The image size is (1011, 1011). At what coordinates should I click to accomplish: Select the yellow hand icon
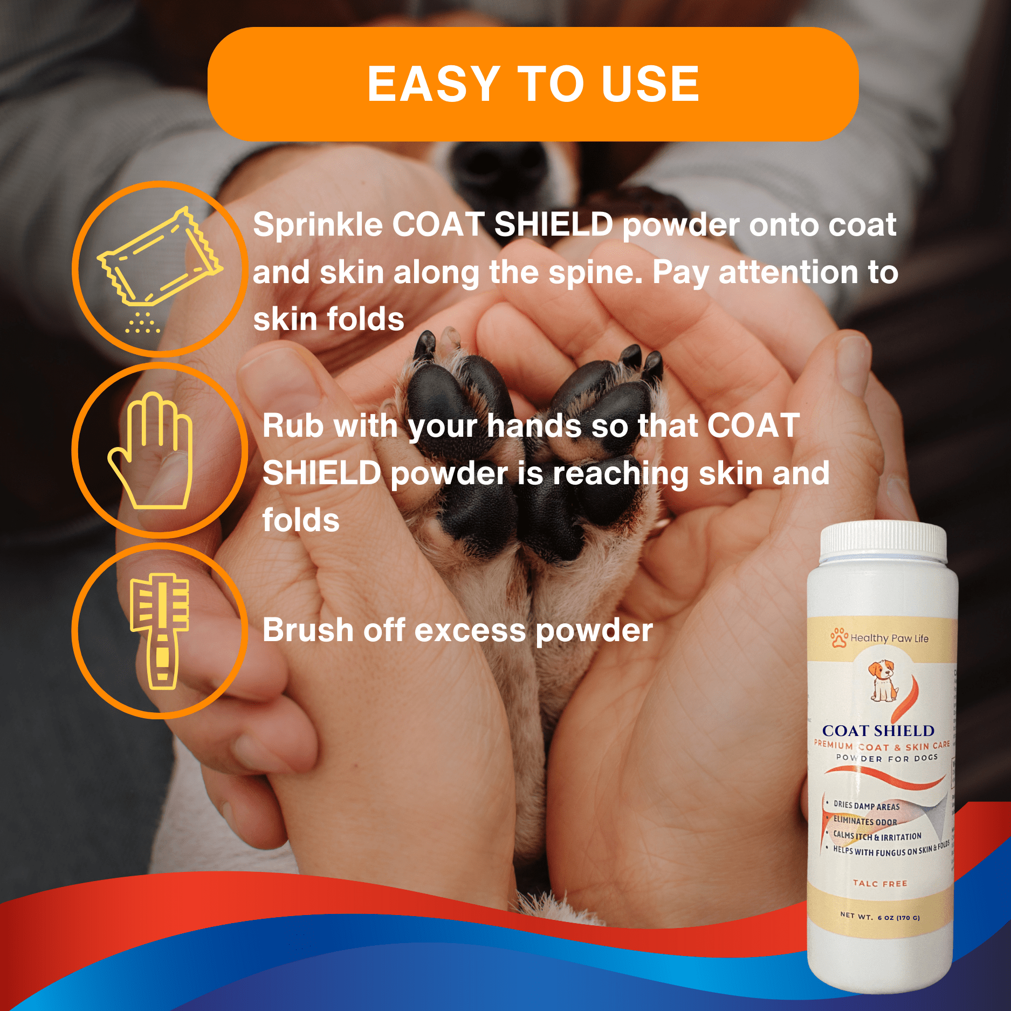pos(150,450)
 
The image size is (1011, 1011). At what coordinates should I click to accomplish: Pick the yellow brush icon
pos(160,631)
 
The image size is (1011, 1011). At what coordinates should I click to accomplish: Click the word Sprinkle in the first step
pos(318,225)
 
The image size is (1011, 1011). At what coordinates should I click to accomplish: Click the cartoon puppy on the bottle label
pos(883,680)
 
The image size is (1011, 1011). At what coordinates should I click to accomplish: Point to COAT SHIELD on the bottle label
pos(878,731)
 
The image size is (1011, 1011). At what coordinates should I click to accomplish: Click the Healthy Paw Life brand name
pos(890,638)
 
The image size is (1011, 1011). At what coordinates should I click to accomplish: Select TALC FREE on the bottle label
pos(880,883)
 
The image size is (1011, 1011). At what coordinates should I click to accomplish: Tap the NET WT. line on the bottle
pos(880,916)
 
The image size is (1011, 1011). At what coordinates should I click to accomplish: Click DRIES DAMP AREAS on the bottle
pos(866,806)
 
